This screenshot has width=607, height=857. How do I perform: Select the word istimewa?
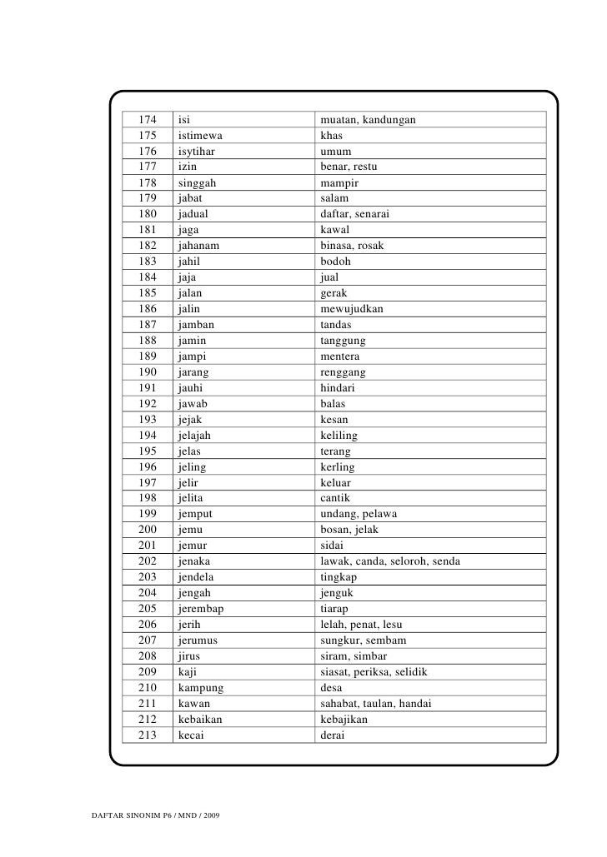200,135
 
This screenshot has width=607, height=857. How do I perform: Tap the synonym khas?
332,135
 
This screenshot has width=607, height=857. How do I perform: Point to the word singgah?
197,182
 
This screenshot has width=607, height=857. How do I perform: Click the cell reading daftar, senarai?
356,214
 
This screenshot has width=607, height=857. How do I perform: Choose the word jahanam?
199,246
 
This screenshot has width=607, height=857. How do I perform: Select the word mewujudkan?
352,308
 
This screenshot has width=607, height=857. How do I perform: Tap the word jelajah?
195,435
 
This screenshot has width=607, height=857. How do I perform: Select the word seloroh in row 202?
407,561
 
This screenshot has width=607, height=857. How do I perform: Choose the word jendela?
198,576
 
